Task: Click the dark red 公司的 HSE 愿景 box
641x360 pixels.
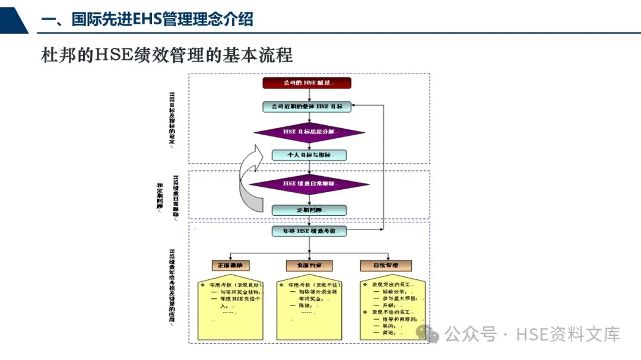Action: click(307, 83)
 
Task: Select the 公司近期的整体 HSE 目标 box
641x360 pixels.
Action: click(307, 107)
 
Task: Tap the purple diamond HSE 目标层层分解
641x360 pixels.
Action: click(309, 132)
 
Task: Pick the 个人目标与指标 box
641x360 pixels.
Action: click(309, 155)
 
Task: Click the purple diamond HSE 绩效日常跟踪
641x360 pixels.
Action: click(309, 184)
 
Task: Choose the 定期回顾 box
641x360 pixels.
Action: click(309, 210)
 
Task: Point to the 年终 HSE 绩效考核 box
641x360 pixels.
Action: click(309, 231)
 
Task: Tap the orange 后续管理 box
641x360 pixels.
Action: click(385, 265)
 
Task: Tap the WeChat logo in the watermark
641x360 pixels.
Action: click(427, 333)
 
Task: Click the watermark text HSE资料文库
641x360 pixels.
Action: click(568, 334)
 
